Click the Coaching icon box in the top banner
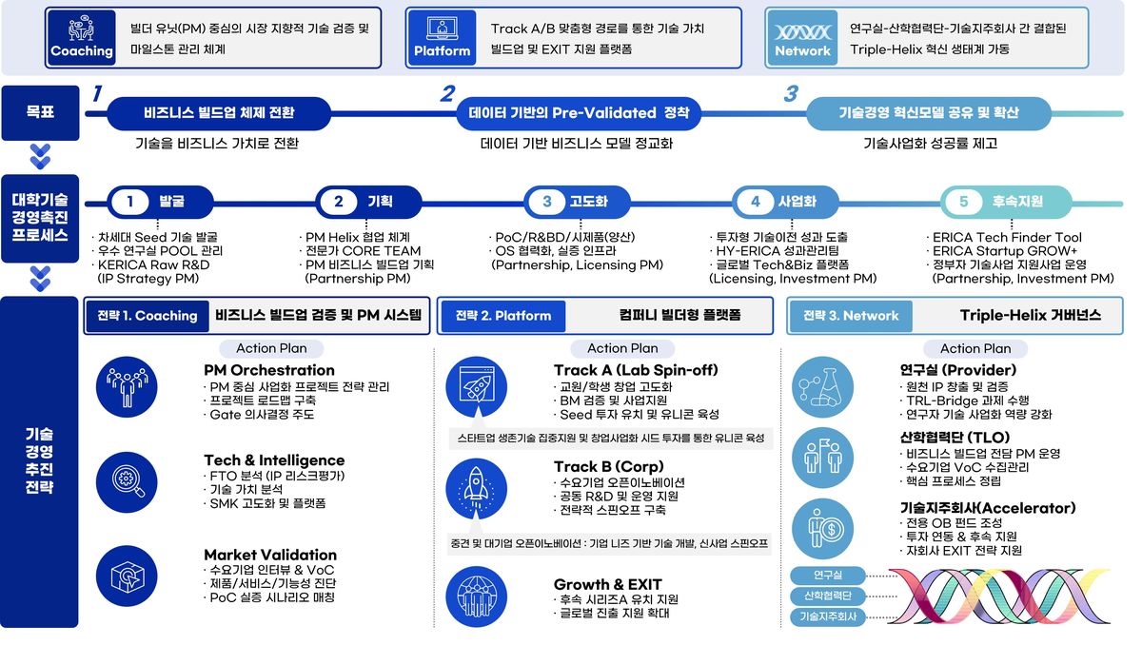(x=81, y=38)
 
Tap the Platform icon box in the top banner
(x=442, y=38)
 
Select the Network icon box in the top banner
(x=802, y=38)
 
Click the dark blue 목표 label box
(x=40, y=112)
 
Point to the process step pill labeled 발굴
(x=160, y=202)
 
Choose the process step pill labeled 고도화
(x=577, y=202)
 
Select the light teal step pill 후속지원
(x=1006, y=202)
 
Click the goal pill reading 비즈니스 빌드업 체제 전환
(x=219, y=113)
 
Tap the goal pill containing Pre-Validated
(x=579, y=113)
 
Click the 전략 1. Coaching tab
(x=148, y=316)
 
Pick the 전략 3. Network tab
(x=851, y=316)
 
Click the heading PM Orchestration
(x=269, y=370)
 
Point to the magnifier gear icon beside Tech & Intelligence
(x=127, y=482)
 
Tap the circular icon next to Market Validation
(x=127, y=577)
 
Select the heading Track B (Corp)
(x=609, y=467)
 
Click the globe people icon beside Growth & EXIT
(x=476, y=596)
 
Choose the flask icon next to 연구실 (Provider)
(x=822, y=387)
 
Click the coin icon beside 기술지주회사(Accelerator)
(x=822, y=529)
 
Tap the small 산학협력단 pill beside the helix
(x=828, y=596)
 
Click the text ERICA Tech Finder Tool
(x=1007, y=238)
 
